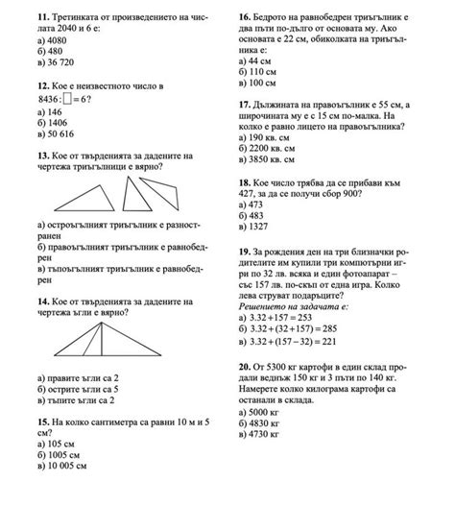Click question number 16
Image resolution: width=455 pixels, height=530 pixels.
point(245,18)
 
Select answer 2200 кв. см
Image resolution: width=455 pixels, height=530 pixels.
point(279,150)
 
